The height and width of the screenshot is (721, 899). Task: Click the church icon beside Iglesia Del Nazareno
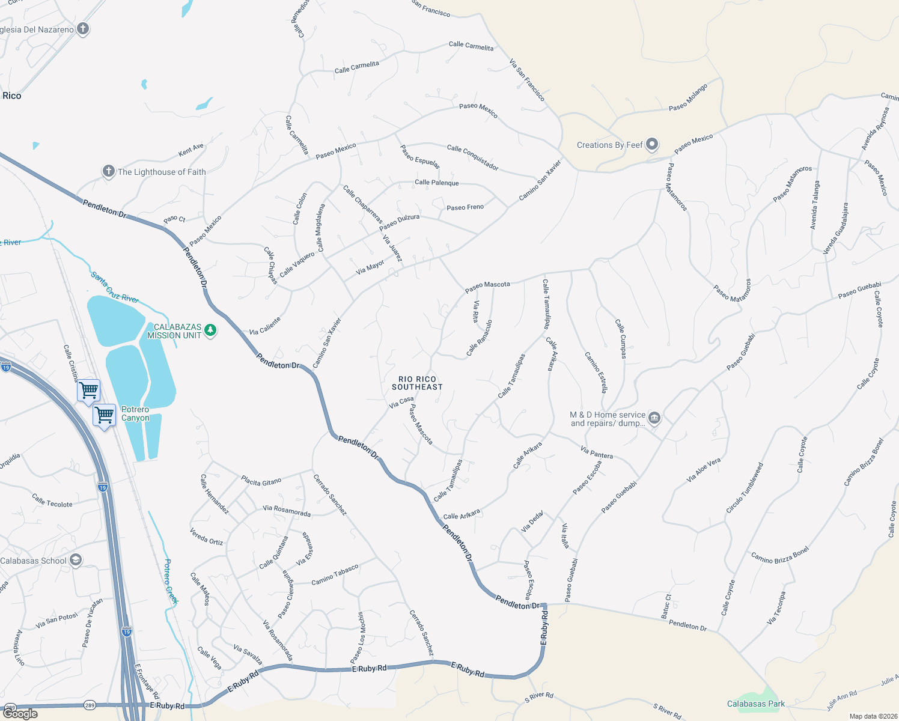coord(83,29)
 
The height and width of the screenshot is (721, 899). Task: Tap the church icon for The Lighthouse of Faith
coord(108,172)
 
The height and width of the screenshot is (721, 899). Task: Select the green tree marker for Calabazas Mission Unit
coord(210,330)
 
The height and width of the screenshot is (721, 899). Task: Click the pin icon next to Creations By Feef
coord(652,145)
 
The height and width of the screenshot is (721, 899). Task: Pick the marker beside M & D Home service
coord(654,418)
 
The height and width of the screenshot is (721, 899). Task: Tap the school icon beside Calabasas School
coord(76,561)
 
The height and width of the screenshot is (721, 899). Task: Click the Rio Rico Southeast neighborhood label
coord(417,383)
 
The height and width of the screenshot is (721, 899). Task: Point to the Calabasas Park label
coord(756,704)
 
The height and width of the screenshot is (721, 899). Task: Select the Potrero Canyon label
coord(135,413)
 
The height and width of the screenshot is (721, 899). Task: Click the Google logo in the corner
coord(20,714)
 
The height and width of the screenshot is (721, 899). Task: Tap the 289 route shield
coord(90,705)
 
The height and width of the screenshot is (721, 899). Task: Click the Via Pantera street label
coord(597,452)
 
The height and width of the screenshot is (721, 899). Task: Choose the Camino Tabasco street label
coord(335,575)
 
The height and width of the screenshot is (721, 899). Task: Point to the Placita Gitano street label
coord(261,481)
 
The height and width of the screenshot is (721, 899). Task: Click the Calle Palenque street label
coord(436,183)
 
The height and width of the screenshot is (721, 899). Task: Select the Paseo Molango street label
coord(688,97)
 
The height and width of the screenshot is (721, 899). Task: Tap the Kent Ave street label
coord(191,150)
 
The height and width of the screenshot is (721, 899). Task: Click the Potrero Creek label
coord(171,582)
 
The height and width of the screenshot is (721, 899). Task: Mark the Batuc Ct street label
coord(666,606)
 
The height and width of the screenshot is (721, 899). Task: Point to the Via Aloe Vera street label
coord(704,470)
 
